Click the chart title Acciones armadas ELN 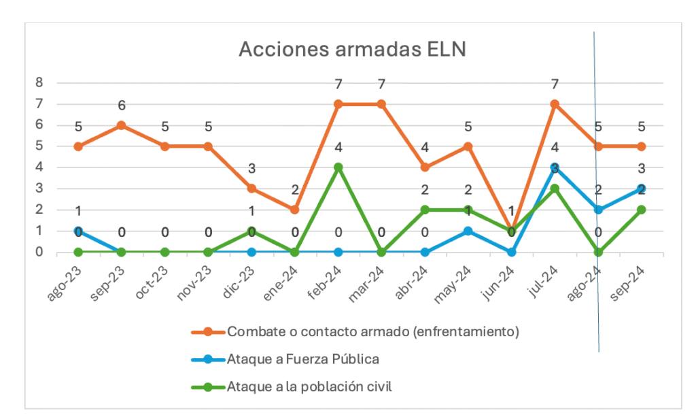point(351,50)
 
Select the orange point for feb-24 point(338,104)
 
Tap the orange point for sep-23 point(122,125)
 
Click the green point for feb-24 point(338,167)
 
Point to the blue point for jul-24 point(555,167)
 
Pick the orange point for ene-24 point(295,210)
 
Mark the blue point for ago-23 point(78,231)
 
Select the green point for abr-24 point(425,210)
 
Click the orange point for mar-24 point(381,104)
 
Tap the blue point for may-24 point(468,231)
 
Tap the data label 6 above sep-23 point(122,106)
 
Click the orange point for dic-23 point(251,189)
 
